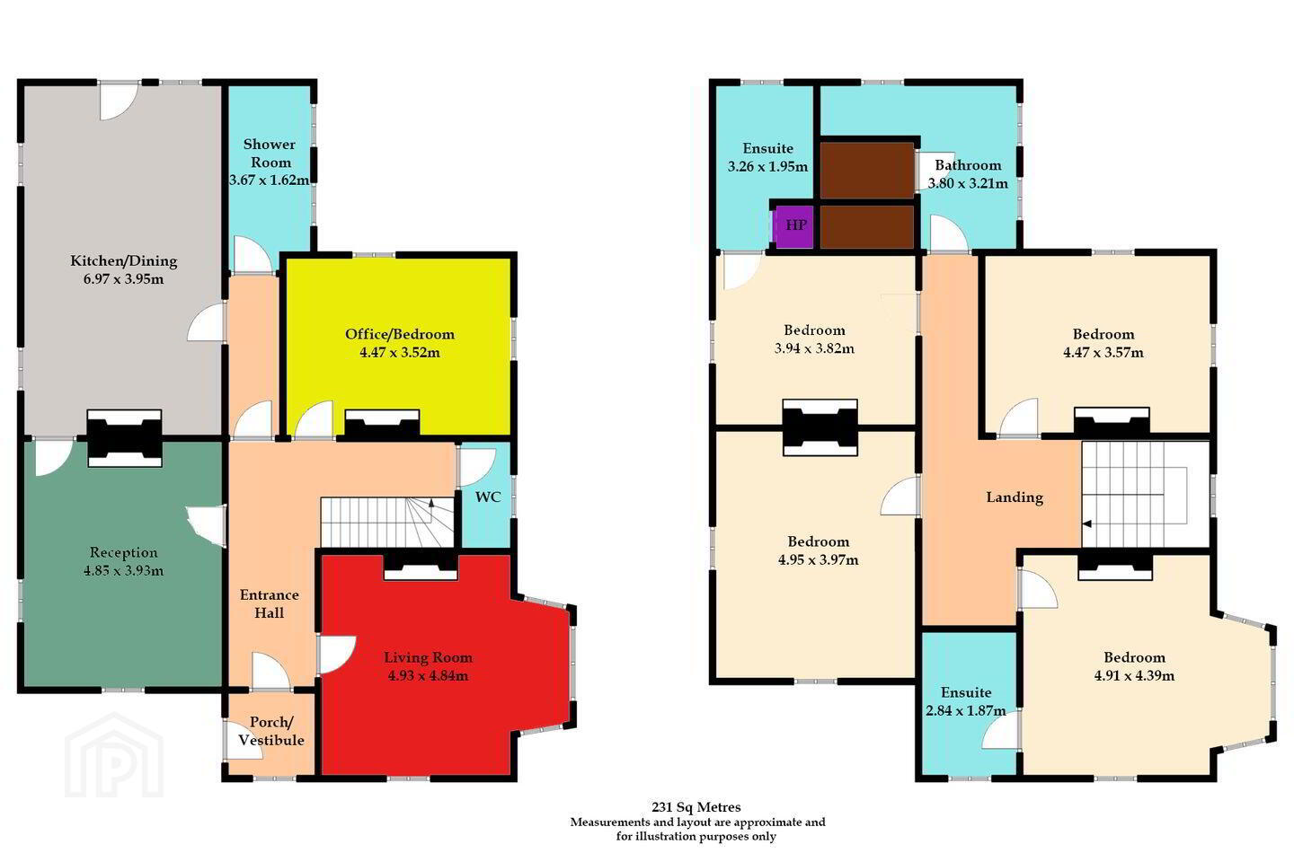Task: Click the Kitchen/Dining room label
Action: point(124,261)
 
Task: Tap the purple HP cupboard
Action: point(794,225)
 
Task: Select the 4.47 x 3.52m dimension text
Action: point(400,352)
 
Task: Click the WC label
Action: point(488,497)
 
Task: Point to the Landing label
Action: point(1015,497)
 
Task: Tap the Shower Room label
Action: point(270,153)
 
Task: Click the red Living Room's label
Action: point(428,657)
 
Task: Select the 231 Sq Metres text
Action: point(696,806)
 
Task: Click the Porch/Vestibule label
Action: point(271,731)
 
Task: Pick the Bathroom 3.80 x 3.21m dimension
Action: point(968,183)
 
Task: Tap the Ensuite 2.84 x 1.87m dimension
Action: point(966,711)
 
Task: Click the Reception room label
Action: point(124,552)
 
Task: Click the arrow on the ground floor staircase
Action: point(431,504)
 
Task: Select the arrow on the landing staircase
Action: point(1086,524)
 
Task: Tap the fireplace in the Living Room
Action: point(421,566)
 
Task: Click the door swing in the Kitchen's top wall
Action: point(119,101)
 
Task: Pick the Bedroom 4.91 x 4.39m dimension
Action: point(1135,675)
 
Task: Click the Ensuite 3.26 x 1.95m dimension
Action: point(767,167)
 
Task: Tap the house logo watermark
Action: point(114,755)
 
